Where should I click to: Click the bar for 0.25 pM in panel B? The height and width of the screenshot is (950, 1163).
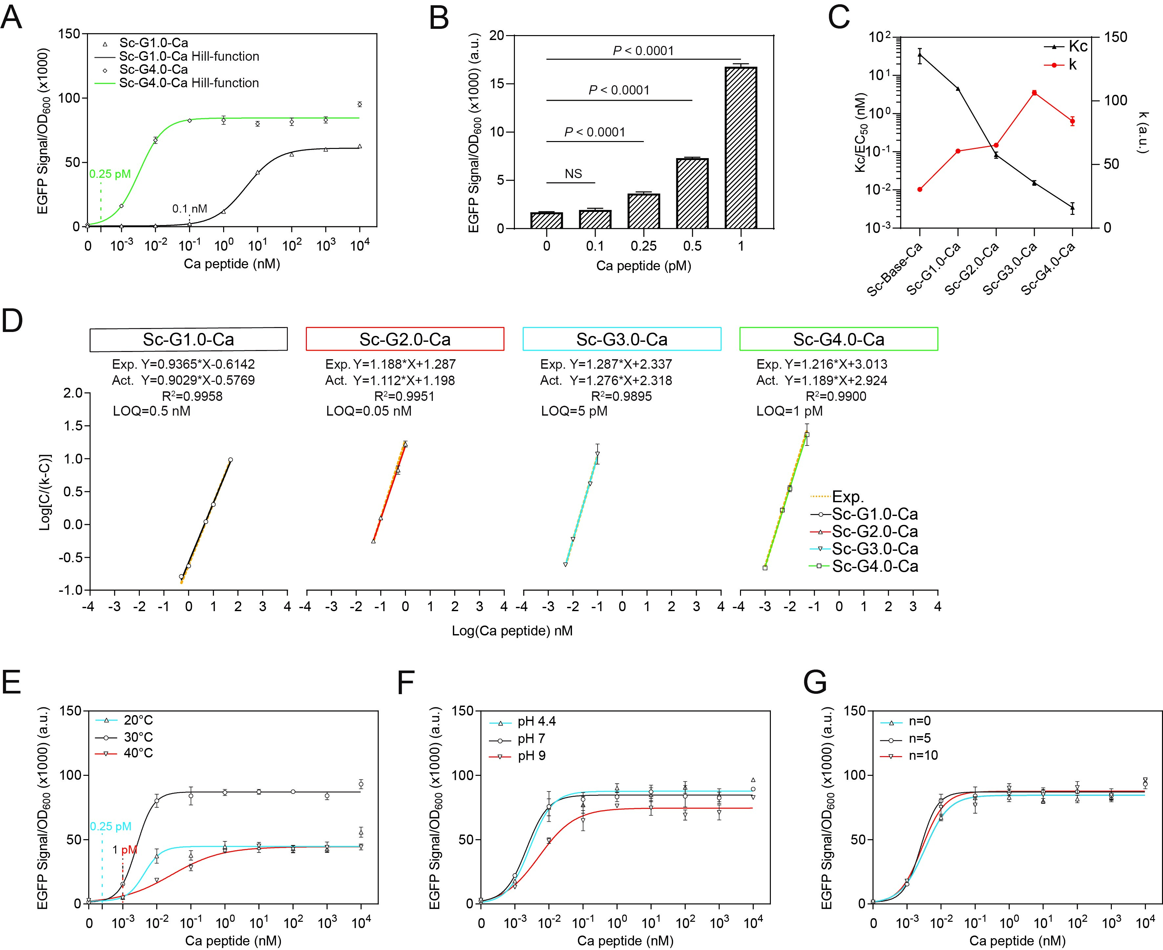click(x=644, y=211)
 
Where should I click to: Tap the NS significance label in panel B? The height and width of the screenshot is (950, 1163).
click(x=573, y=174)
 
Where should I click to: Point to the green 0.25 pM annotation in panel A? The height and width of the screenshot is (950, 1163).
click(x=110, y=174)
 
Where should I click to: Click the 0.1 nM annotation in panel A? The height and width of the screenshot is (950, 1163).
click(x=189, y=209)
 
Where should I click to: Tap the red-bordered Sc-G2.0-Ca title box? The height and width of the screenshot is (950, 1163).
click(x=405, y=339)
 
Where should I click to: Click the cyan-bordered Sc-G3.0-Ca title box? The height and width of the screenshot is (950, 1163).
click(x=622, y=339)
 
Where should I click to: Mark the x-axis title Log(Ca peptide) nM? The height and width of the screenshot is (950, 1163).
click(x=512, y=631)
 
